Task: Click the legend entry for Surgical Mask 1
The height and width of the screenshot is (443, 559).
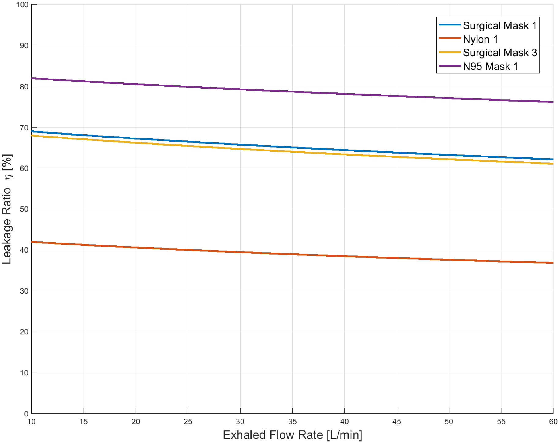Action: tap(500, 26)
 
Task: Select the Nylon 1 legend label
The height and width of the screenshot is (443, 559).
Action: tap(480, 39)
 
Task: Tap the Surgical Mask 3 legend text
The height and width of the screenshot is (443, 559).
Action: tap(500, 53)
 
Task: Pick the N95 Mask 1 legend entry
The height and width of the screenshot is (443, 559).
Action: tap(490, 66)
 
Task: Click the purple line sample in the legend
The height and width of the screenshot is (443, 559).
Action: tap(449, 66)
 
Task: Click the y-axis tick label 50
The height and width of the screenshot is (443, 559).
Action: tap(24, 209)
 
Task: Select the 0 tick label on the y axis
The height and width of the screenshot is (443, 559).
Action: tap(26, 414)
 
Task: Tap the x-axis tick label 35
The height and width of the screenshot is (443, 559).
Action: tap(292, 422)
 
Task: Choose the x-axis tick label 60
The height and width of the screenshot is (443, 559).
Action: tap(553, 422)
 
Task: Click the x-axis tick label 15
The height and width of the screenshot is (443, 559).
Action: tap(84, 422)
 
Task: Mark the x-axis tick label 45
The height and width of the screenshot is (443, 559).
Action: tap(396, 422)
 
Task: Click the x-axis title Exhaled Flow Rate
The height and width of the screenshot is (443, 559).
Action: tap(292, 435)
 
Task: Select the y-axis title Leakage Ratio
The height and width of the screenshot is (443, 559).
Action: tap(7, 209)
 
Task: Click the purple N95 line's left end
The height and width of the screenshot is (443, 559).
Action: tap(32, 78)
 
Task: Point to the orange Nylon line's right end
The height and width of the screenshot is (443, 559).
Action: tap(553, 262)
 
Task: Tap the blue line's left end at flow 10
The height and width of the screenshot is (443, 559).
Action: tap(32, 131)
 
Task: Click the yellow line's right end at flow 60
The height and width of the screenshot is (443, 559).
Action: tap(553, 164)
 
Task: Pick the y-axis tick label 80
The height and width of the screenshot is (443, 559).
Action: tap(24, 87)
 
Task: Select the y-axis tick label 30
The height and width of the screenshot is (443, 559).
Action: tap(24, 291)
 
